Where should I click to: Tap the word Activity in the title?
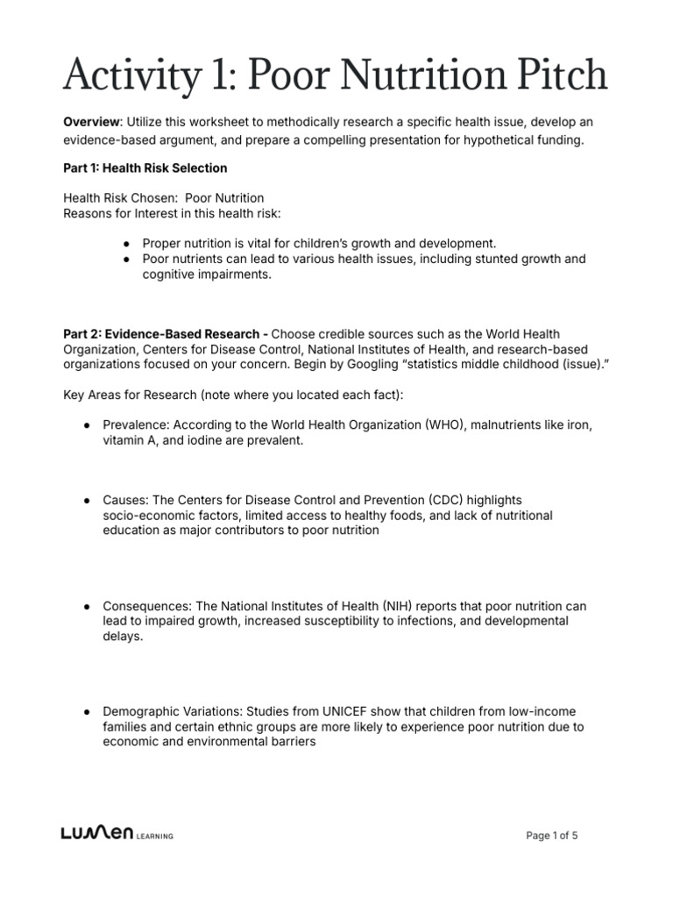point(124,75)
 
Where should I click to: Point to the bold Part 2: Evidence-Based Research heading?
point(165,334)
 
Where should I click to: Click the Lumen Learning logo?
point(117,836)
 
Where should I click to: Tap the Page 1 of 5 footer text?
point(552,836)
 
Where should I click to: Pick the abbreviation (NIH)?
point(403,606)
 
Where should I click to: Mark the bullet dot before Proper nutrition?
point(127,244)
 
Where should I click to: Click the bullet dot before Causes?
point(88,500)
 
